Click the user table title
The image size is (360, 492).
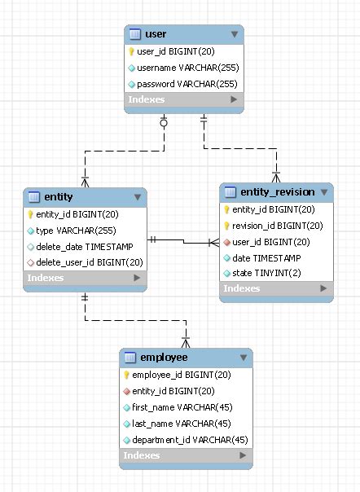[156, 34]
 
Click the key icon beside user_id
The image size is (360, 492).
[131, 51]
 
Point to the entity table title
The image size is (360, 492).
[59, 197]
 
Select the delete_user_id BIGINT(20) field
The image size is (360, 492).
[90, 262]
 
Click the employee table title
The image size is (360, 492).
[164, 358]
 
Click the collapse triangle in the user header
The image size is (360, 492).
[235, 34]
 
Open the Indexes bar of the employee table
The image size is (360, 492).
[186, 455]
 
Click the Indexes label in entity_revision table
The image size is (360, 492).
[242, 288]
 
